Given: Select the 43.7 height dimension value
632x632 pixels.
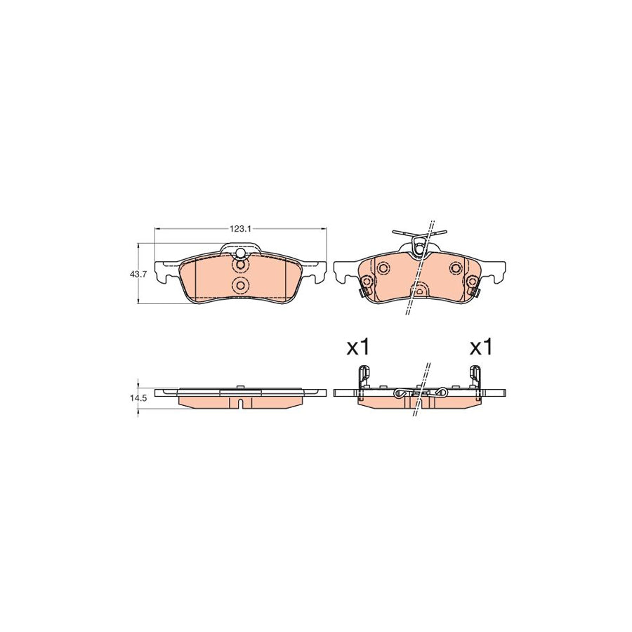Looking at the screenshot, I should pyautogui.click(x=138, y=274).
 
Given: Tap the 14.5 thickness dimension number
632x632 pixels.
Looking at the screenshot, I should pyautogui.click(x=138, y=397).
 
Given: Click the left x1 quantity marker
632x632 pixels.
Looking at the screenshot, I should pyautogui.click(x=357, y=346).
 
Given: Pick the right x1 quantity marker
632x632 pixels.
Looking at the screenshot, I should pyautogui.click(x=482, y=346).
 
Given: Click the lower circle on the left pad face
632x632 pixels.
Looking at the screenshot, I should pyautogui.click(x=240, y=285).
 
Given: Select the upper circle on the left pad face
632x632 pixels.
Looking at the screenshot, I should pyautogui.click(x=240, y=265).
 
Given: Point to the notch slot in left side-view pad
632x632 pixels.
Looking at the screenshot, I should pyautogui.click(x=240, y=403).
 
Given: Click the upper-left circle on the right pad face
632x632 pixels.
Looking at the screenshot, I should pyautogui.click(x=383, y=268).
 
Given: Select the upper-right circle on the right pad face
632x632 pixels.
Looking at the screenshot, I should pyautogui.click(x=455, y=268).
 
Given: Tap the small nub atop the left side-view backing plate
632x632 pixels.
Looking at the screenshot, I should pyautogui.click(x=240, y=387).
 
